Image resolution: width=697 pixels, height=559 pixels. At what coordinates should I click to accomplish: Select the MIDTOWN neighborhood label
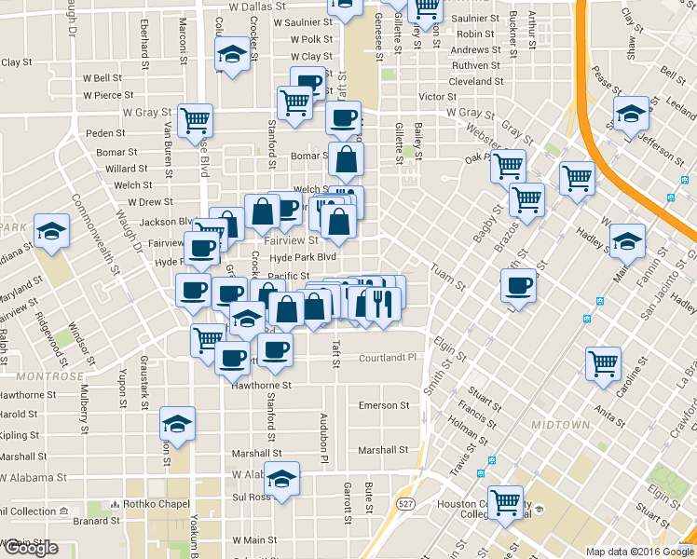click(560, 425)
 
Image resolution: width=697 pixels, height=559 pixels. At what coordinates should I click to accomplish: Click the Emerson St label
click(384, 405)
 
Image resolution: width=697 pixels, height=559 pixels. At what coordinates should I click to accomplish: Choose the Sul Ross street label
click(252, 498)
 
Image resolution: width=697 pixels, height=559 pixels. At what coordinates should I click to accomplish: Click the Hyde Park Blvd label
click(302, 257)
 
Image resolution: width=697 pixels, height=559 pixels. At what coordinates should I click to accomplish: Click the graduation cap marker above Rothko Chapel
click(177, 425)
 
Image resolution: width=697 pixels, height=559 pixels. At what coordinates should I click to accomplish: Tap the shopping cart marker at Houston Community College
click(506, 503)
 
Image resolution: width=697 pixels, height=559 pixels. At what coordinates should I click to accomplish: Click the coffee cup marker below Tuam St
click(518, 288)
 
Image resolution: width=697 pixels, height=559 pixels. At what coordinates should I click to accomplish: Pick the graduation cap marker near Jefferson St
click(631, 115)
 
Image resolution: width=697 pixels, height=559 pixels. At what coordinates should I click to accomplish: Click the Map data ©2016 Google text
click(639, 552)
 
